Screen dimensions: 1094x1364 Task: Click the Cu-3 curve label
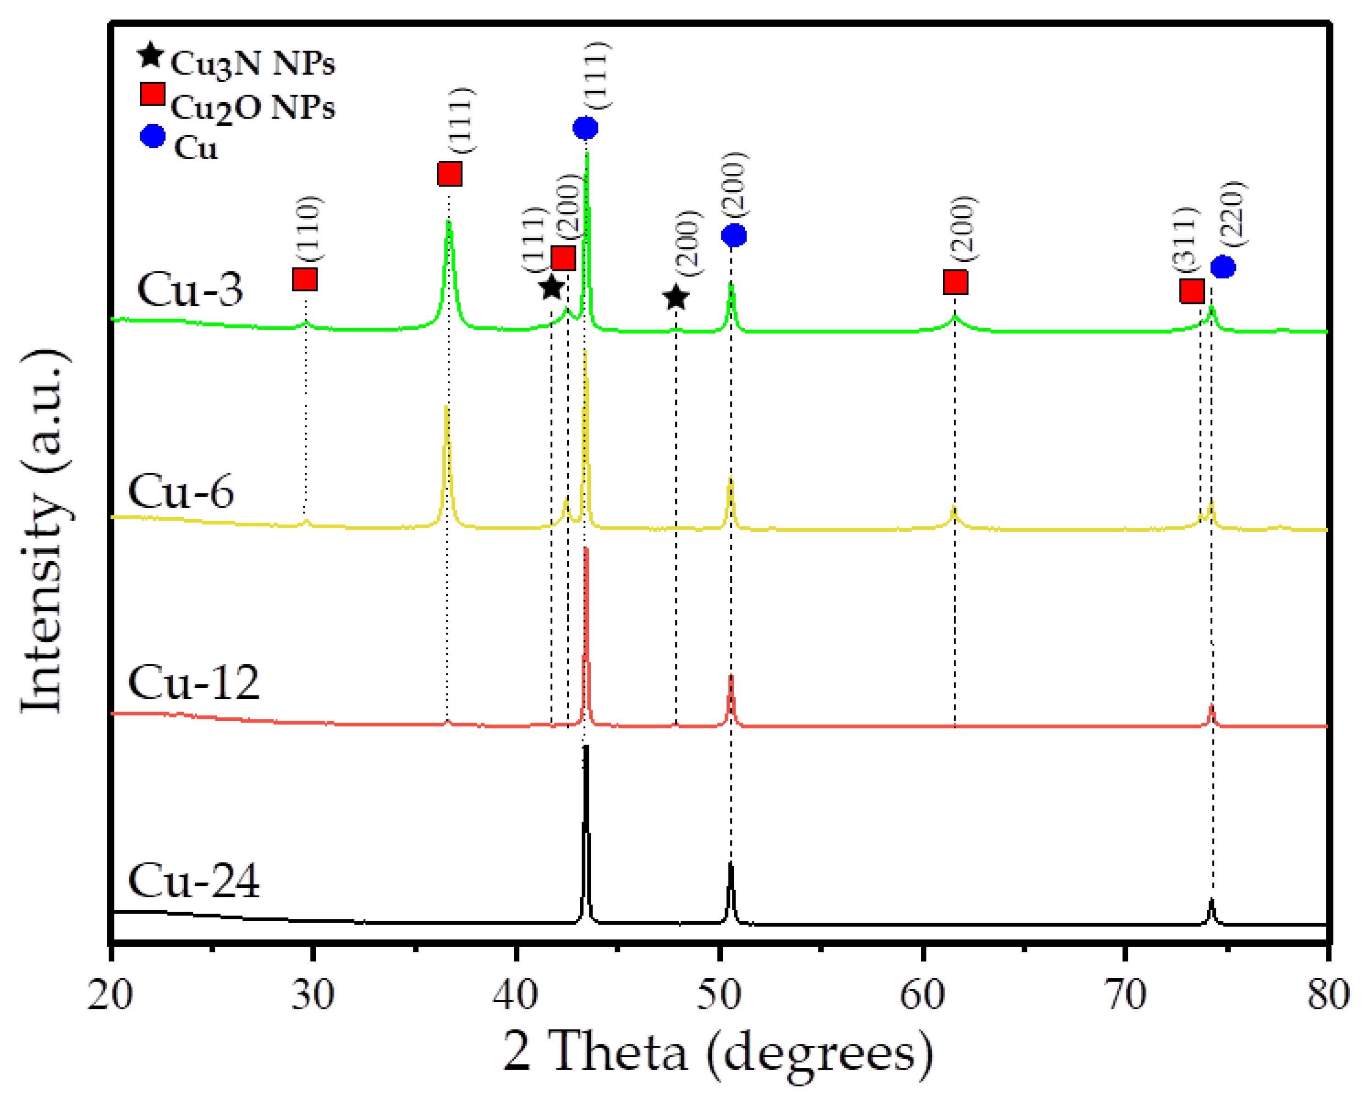(189, 290)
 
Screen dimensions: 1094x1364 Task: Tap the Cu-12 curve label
(193, 683)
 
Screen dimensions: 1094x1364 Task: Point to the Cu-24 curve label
(193, 881)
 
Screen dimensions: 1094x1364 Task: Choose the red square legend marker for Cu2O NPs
(152, 94)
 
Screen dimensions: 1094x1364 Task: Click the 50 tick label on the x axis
(719, 995)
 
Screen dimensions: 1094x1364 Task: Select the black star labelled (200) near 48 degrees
(676, 298)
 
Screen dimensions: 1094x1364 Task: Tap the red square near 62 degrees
(955, 282)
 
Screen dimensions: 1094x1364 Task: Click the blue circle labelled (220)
(1222, 267)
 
